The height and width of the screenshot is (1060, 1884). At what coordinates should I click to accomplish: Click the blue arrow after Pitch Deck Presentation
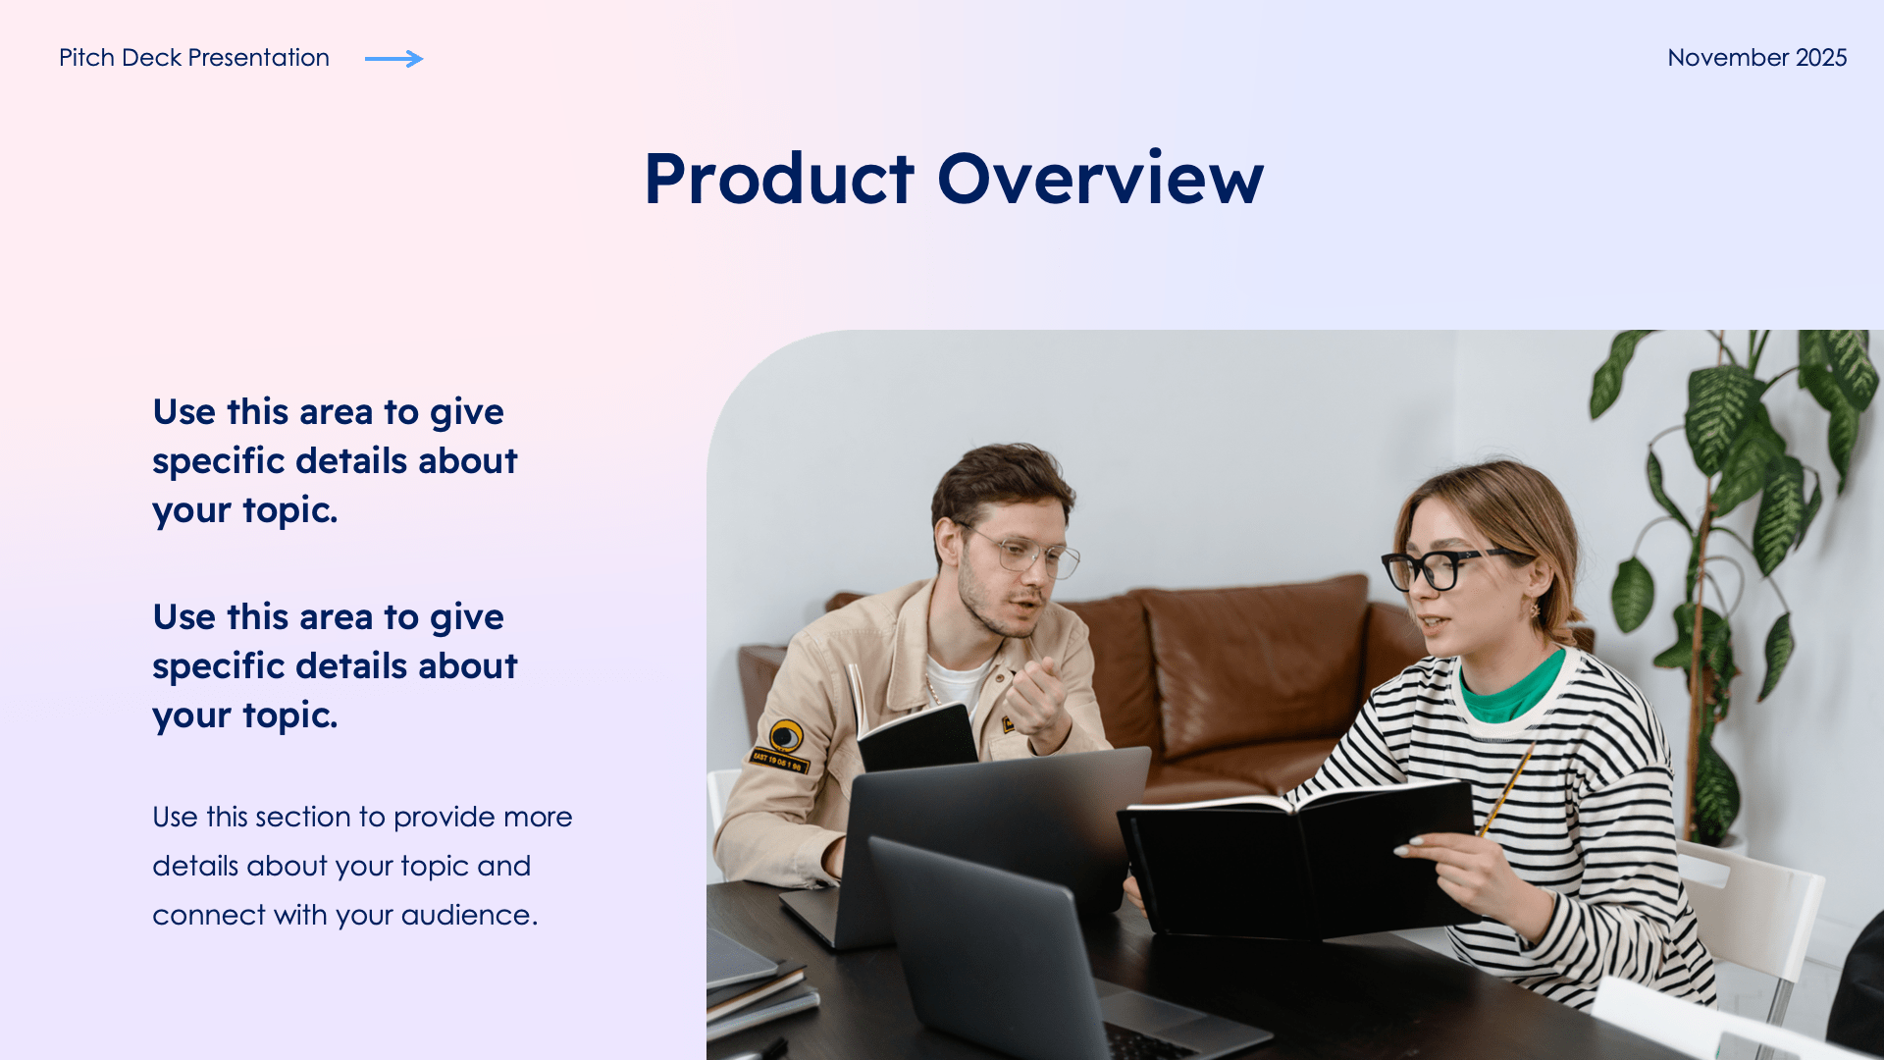tap(393, 59)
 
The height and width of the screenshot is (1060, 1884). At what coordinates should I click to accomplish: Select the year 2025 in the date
tap(1821, 58)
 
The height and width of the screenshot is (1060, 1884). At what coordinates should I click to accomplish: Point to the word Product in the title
tap(778, 180)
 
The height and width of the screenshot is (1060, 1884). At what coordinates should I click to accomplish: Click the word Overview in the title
tap(1100, 180)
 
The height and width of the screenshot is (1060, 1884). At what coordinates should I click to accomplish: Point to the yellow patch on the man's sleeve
tap(785, 736)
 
